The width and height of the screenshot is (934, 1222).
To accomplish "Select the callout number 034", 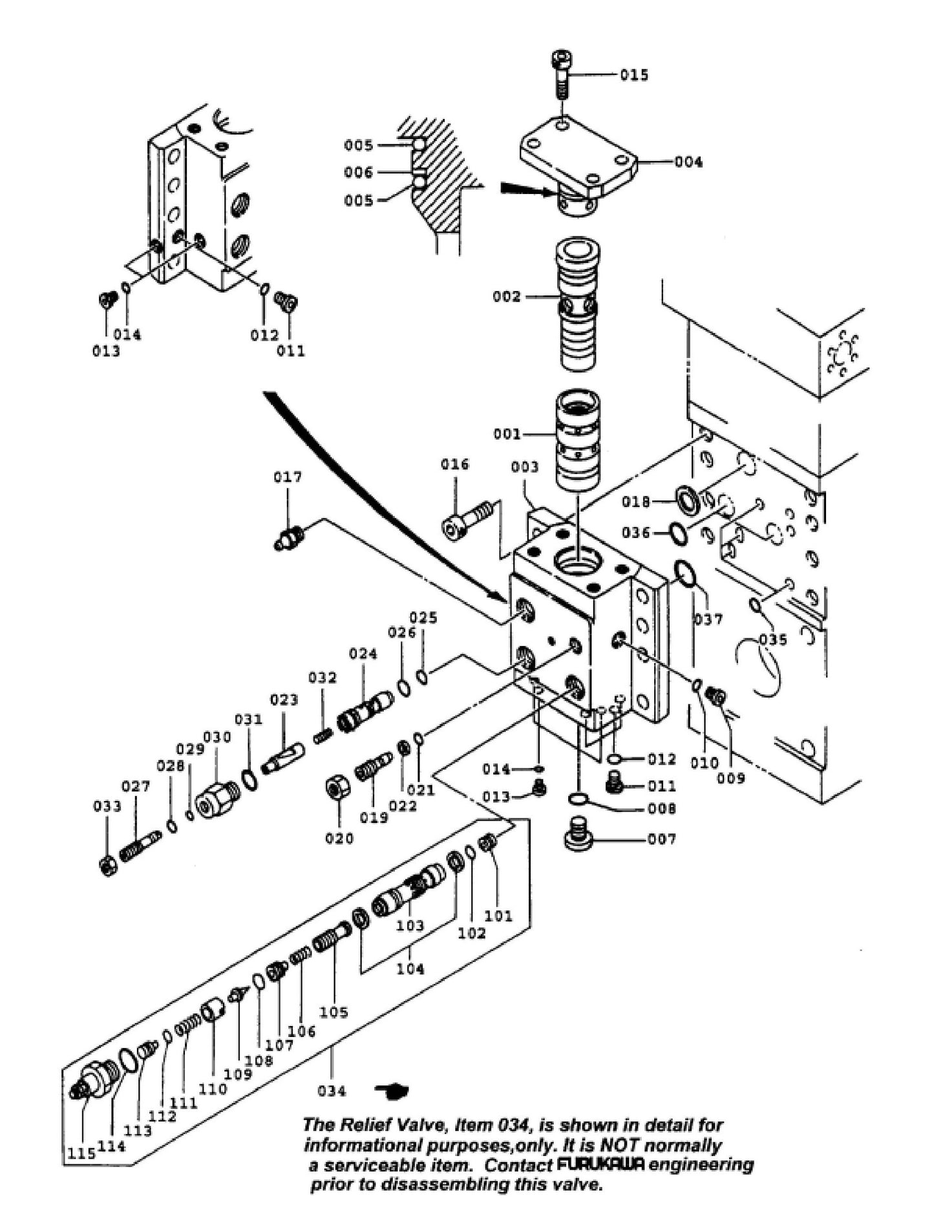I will click(x=332, y=1091).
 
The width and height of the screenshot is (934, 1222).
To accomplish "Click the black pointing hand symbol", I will click(x=392, y=1091).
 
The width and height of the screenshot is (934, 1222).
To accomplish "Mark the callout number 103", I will click(x=410, y=926).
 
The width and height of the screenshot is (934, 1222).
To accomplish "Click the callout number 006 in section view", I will click(x=359, y=173).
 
